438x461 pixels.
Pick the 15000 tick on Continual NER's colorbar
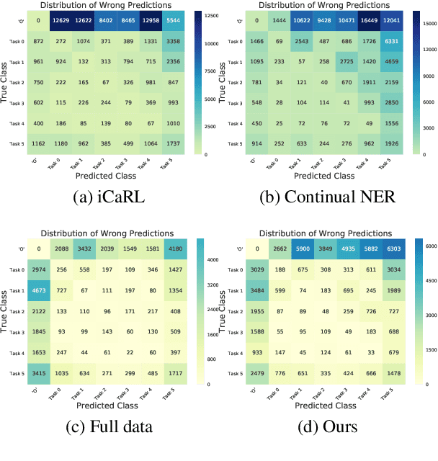425,24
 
